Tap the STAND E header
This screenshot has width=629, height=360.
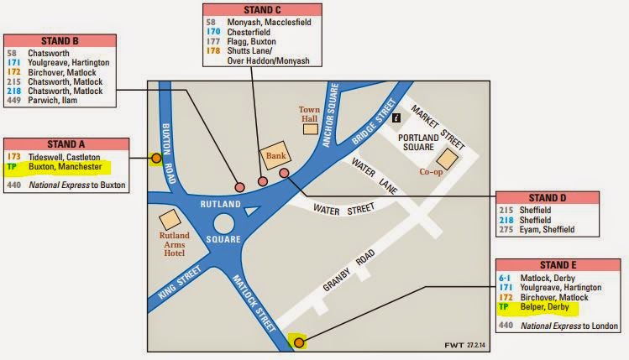point(546,264)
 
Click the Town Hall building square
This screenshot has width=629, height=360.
point(311,128)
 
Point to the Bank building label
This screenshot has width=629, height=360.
point(276,155)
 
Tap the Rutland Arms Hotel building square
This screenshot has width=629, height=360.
point(170,217)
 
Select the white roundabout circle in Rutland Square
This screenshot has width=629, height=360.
point(225,225)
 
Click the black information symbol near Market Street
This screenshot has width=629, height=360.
point(396,118)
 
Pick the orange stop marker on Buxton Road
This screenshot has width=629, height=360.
point(155,157)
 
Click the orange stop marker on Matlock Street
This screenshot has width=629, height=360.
point(298,342)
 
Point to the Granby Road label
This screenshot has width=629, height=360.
point(346,273)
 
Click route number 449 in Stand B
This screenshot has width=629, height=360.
point(13,101)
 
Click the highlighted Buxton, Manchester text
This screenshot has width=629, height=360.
point(65,167)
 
